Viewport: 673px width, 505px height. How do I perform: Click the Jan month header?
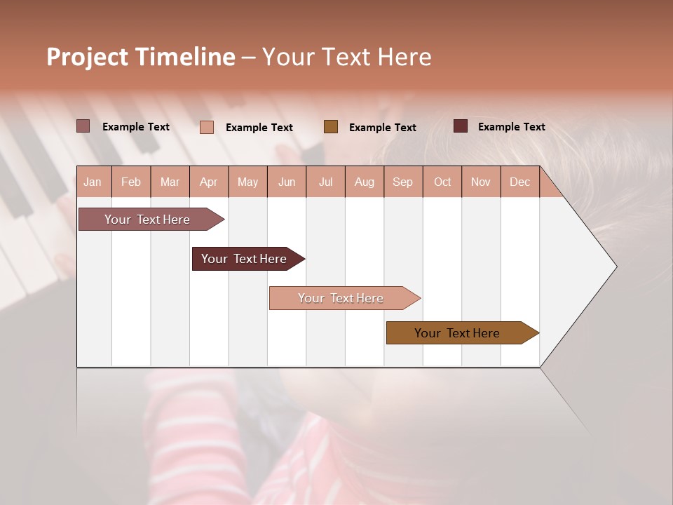93,182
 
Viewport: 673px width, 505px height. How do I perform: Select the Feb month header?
131,182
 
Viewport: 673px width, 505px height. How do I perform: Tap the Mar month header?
170,182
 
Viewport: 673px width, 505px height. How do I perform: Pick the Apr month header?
209,182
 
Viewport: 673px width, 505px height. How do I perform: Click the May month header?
247,182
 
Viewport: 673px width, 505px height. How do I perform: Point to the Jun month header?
287,182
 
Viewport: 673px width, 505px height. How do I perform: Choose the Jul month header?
325,182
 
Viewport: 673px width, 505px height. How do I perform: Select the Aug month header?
365,182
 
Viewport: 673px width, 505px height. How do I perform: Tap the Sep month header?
403,182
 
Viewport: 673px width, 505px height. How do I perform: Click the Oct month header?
442,182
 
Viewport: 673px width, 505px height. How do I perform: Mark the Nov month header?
481,182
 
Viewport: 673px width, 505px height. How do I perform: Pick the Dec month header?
520,182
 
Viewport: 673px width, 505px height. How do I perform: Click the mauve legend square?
83,126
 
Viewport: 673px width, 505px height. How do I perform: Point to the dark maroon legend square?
460,126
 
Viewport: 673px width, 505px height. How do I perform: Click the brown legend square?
331,126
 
